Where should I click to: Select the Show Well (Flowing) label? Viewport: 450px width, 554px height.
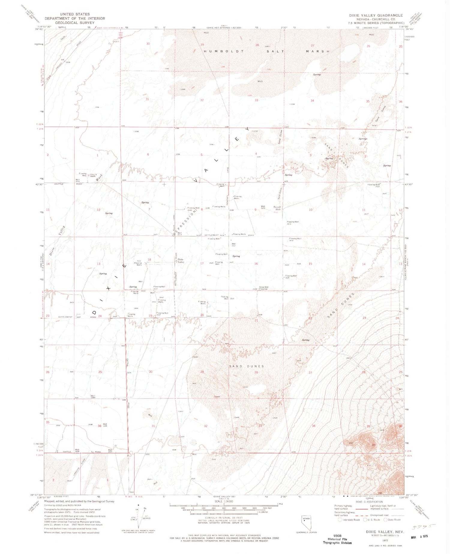click(x=264, y=288)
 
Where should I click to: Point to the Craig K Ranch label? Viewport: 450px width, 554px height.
click(x=91, y=175)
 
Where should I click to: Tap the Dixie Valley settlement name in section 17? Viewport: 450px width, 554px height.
click(x=181, y=260)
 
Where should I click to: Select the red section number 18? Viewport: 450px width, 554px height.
click(x=149, y=260)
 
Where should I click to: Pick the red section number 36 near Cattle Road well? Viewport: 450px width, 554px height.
click(x=99, y=426)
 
